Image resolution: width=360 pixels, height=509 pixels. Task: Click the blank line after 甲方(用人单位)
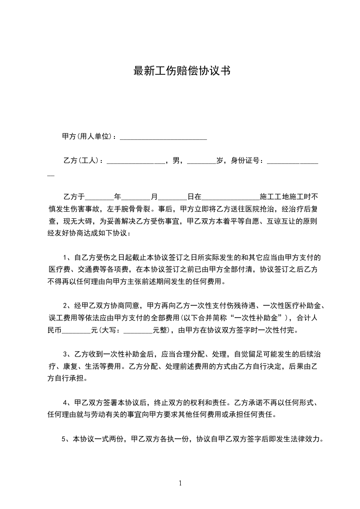pyautogui.click(x=163, y=137)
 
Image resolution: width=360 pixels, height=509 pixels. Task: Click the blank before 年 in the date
pyautogui.click(x=99, y=197)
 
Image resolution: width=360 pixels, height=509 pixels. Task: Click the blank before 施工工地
pyautogui.click(x=230, y=197)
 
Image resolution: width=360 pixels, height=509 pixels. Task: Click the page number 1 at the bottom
pyautogui.click(x=180, y=483)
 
